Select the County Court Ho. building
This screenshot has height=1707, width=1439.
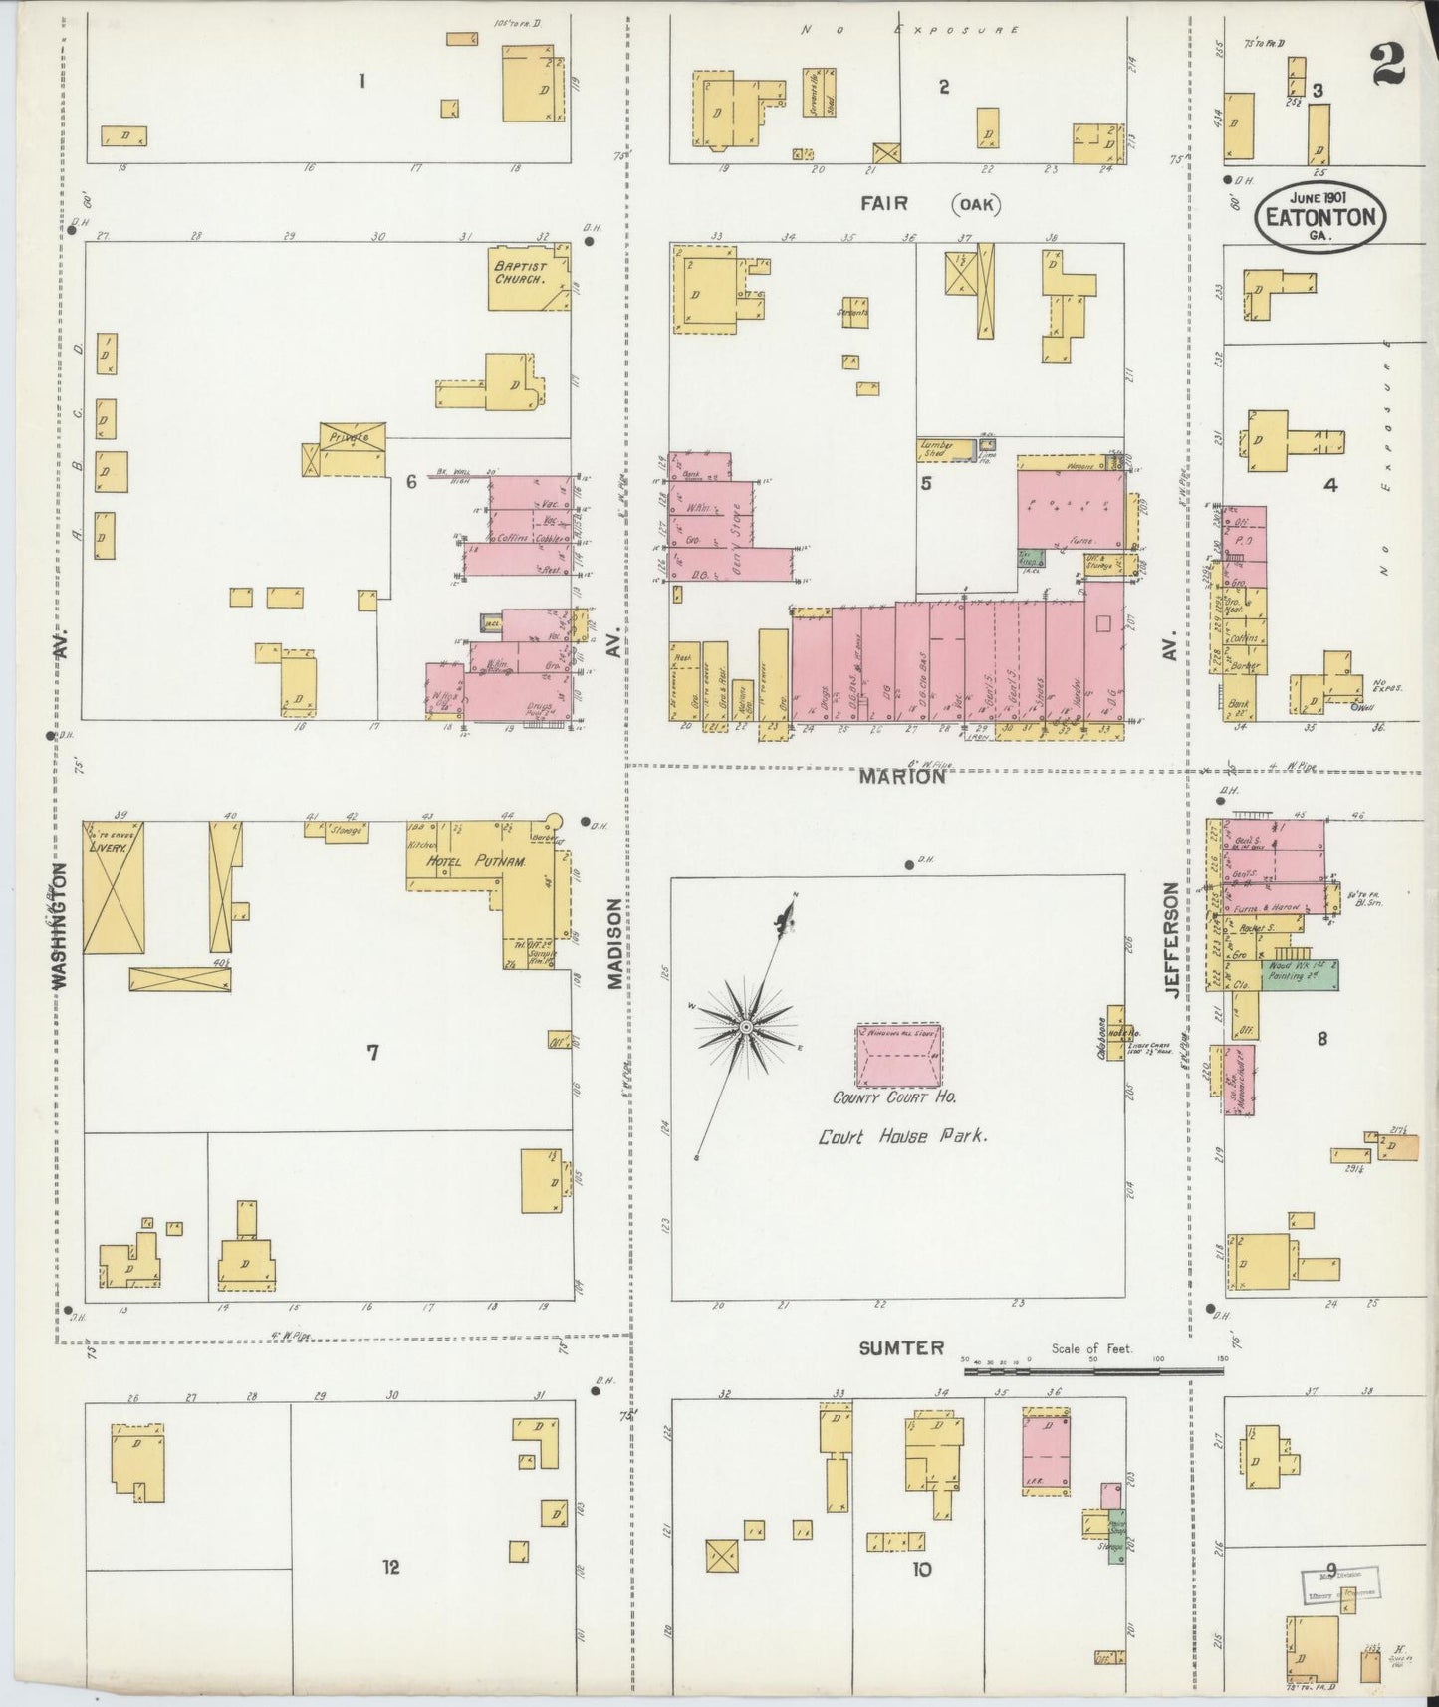(898, 1055)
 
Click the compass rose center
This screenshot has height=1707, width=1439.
(745, 1026)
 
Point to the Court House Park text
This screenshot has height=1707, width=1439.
(902, 1136)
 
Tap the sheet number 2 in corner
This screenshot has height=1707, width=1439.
(1386, 66)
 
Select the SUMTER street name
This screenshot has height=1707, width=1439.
(901, 1347)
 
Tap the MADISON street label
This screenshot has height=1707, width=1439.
(614, 943)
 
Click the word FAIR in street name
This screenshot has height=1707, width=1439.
(885, 203)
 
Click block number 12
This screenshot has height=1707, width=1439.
(390, 1567)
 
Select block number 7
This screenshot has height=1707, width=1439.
(372, 1053)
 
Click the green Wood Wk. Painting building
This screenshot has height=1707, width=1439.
(1301, 972)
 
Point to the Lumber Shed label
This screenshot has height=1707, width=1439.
(936, 449)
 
